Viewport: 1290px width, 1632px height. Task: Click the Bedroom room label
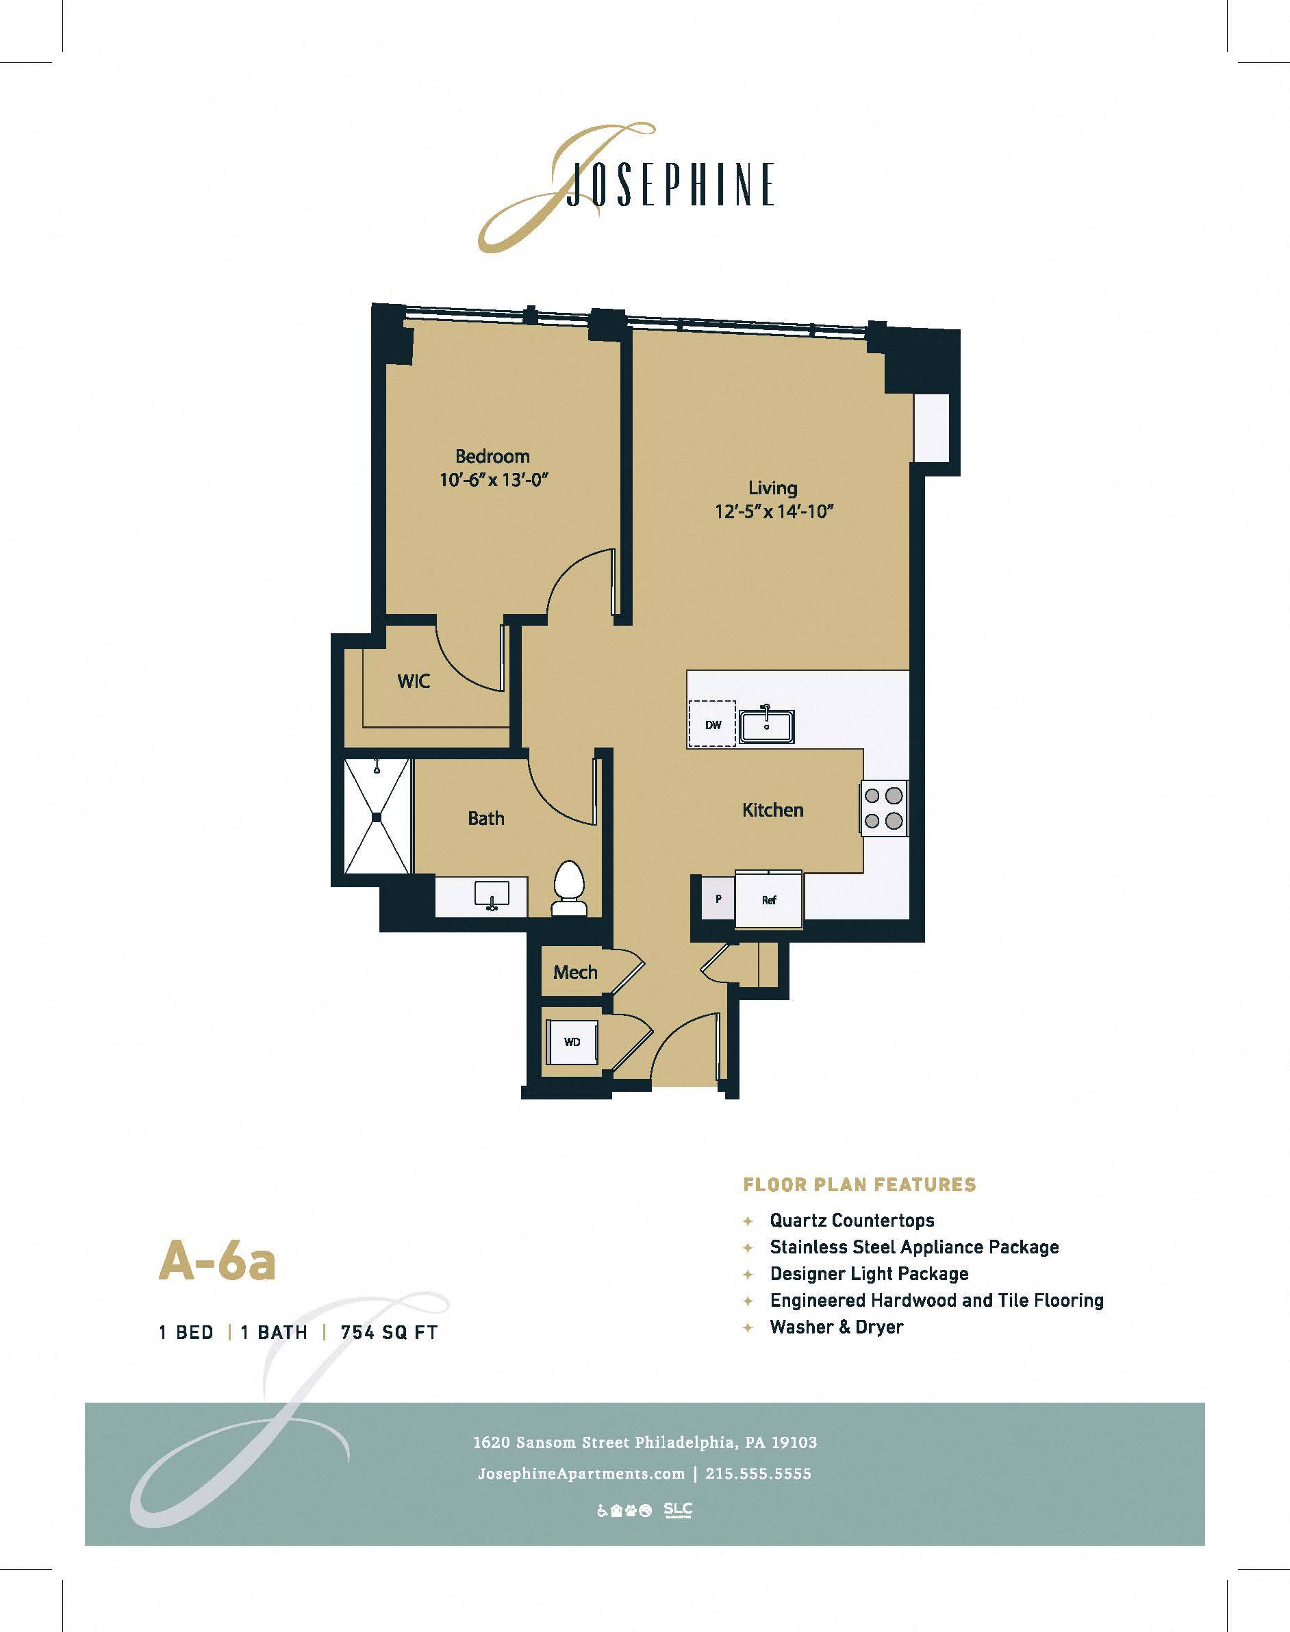tap(492, 456)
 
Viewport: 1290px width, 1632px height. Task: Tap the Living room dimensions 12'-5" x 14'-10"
tap(774, 511)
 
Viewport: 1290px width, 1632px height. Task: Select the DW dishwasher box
tap(713, 725)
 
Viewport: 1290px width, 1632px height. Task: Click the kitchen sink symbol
tap(767, 726)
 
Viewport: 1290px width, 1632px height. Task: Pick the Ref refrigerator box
tap(769, 900)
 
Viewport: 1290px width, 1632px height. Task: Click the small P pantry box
tap(718, 899)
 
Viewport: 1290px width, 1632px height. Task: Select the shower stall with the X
tap(377, 817)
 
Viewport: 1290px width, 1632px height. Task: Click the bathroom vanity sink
tap(492, 896)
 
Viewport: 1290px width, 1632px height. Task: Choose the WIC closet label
tap(413, 681)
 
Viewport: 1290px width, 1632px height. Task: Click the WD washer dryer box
tap(572, 1041)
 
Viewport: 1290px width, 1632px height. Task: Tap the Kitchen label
tap(772, 811)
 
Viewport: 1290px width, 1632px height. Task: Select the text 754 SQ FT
tap(389, 1332)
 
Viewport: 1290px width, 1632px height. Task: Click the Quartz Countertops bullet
tap(851, 1220)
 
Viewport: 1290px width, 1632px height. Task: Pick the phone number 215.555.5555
tap(758, 1473)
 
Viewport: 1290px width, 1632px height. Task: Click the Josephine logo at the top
tap(627, 185)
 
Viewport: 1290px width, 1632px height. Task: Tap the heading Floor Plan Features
tap(859, 1184)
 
